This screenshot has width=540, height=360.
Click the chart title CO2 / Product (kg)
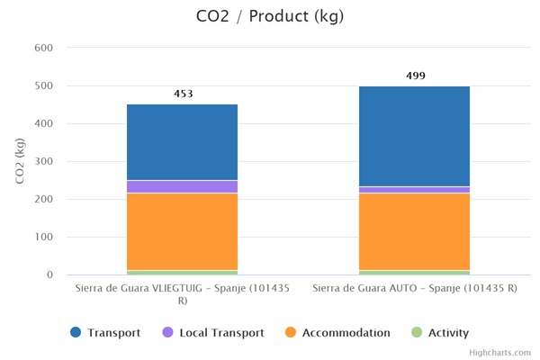click(x=269, y=16)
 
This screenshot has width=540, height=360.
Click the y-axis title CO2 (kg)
click(x=21, y=162)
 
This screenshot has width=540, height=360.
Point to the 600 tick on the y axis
click(x=44, y=48)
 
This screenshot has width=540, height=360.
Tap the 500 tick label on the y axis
click(x=44, y=85)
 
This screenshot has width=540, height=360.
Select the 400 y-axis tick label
click(x=44, y=123)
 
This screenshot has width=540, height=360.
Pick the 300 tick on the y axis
click(x=44, y=161)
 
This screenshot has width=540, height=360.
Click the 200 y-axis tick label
click(x=44, y=199)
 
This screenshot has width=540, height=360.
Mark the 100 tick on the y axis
click(x=44, y=237)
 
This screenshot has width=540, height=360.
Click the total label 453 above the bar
click(x=183, y=94)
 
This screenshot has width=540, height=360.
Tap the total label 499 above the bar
click(x=415, y=76)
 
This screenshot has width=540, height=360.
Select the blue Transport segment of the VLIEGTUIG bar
click(x=182, y=142)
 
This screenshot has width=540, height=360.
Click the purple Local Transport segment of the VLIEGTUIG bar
click(x=182, y=186)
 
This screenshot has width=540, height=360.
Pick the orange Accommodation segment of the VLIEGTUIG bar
click(x=182, y=231)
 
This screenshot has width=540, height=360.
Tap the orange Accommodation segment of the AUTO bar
click(x=414, y=231)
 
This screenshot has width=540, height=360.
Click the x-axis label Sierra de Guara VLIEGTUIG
click(x=182, y=294)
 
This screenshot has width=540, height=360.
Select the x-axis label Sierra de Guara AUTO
click(x=414, y=289)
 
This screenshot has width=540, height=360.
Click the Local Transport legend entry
click(x=212, y=333)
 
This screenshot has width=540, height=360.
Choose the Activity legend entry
click(x=440, y=333)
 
